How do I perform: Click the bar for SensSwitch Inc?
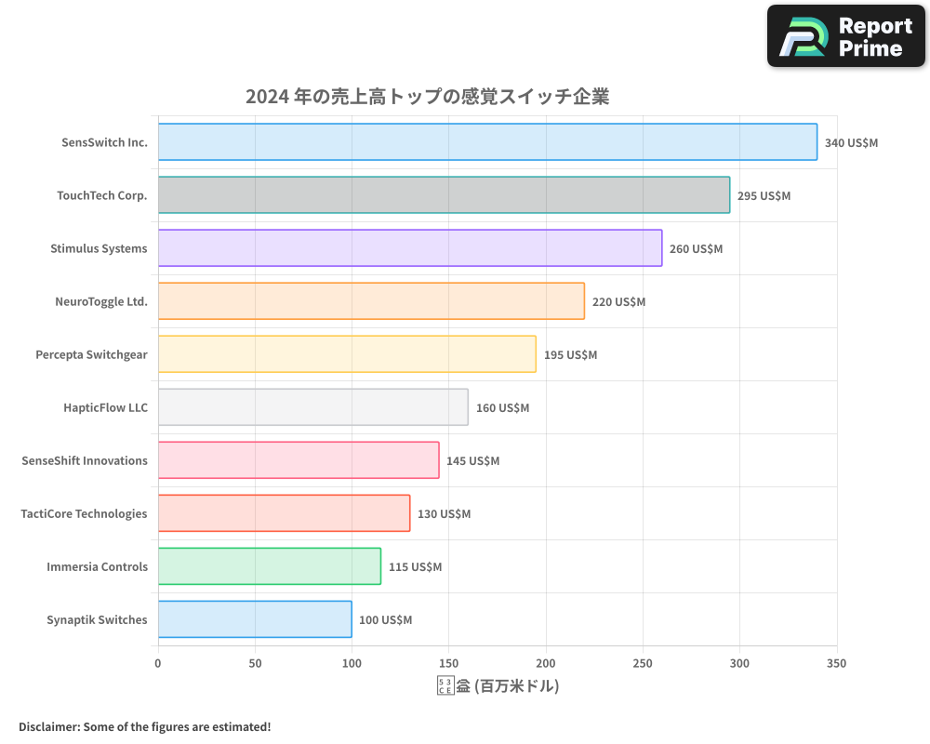coord(487,142)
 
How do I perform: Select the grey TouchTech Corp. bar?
coord(444,195)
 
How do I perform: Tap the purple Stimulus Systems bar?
coord(410,248)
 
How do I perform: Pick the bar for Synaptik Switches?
coord(255,619)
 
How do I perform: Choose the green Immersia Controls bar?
coord(270,566)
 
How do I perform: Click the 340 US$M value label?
coord(851,143)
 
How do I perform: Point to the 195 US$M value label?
coord(570,355)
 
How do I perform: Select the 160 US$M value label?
coord(502,408)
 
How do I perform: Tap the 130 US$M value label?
coord(444,514)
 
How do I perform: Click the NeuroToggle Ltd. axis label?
coord(101,301)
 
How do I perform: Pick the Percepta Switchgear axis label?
coord(91,354)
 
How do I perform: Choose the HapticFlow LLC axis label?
coord(105,407)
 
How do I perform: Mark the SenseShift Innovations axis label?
coord(85,460)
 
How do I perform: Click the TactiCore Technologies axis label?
coord(84,513)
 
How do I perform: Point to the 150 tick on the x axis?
coord(449,663)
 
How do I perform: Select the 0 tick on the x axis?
coord(158,663)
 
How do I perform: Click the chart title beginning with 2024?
coord(427,97)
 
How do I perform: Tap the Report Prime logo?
coord(846,36)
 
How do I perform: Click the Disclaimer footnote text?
coord(144,726)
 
